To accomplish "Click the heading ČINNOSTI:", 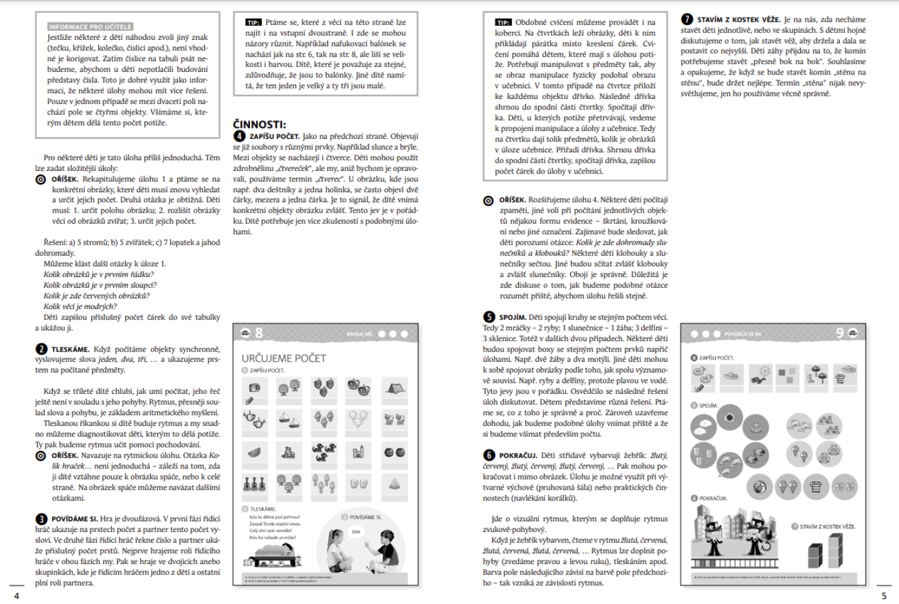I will coord(259,125).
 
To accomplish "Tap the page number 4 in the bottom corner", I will coord(17,596).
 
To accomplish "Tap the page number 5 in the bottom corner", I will coord(884,596).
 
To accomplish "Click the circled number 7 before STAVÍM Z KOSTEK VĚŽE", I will coord(686,19).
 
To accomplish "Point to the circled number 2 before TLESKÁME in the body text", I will coord(41,349).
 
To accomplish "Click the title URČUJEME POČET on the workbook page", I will coord(284,358).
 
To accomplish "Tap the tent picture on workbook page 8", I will coord(394,387).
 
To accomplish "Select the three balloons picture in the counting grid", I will coord(358,419).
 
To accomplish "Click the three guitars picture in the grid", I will coord(254,483).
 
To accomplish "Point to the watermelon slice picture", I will coord(254,452).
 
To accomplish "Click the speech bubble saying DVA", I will coord(356,531).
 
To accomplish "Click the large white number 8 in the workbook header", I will coord(259,333).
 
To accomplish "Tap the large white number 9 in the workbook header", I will coord(839,333).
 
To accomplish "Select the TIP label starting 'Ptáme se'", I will coord(253,22).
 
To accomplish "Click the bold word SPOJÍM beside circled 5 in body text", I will coord(512,317).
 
